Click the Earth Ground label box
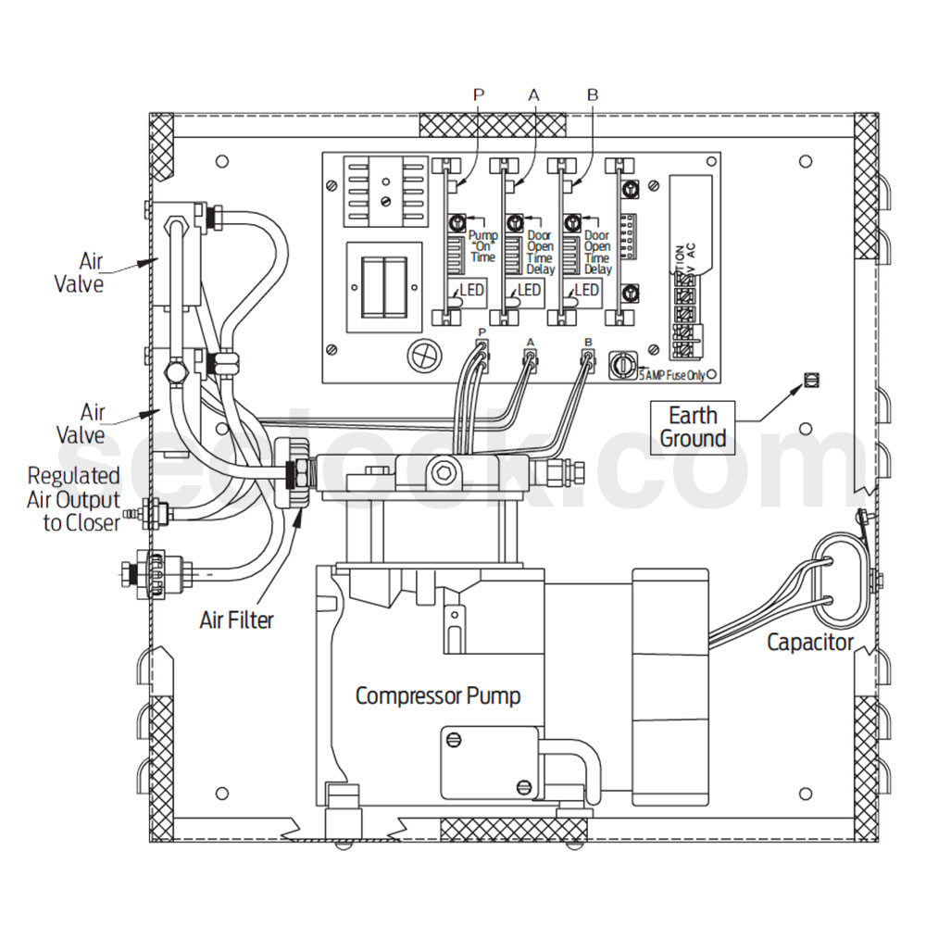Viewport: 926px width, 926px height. coord(693,426)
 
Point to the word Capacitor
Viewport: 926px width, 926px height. coord(810,642)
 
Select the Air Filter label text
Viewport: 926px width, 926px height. coord(237,619)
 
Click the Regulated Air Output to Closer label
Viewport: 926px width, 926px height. coord(74,499)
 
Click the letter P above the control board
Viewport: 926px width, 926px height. coord(479,94)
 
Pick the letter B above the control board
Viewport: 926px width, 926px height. coord(593,94)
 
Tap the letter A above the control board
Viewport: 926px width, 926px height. coord(533,94)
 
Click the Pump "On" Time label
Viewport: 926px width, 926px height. coord(483,247)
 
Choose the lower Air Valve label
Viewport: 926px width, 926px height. coord(93,422)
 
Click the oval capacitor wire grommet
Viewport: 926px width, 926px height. coord(839,581)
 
